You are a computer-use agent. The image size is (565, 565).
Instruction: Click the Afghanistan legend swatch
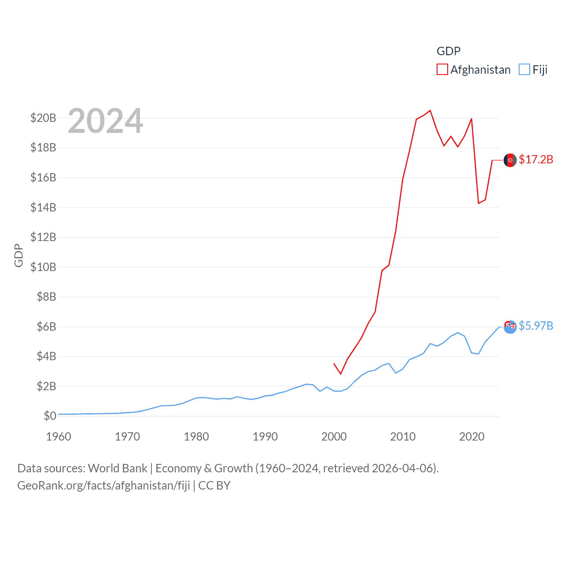[442, 70]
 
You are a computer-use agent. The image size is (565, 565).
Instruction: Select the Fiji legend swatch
[524, 70]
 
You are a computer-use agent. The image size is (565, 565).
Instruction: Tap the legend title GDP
[448, 51]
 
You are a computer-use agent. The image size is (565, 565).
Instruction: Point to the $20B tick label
[43, 118]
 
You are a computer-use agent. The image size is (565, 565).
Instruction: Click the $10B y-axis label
[43, 267]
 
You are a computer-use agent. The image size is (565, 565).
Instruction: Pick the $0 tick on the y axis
[50, 416]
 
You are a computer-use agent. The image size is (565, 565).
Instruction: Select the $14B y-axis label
[43, 207]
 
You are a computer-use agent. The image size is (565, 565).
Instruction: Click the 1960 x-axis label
[59, 437]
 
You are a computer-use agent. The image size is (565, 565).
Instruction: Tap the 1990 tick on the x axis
[265, 437]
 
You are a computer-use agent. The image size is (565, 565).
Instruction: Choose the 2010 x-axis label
[403, 437]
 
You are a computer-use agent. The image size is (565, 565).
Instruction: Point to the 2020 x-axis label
[472, 437]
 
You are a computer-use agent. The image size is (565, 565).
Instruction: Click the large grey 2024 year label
[105, 121]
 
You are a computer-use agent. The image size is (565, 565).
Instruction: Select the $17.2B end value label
[536, 160]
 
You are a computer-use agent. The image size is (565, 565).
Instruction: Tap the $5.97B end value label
[536, 326]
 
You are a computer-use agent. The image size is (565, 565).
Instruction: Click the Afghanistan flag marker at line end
[510, 160]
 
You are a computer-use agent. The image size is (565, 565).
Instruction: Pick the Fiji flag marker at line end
[510, 327]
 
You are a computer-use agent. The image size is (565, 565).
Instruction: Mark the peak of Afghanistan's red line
[430, 110]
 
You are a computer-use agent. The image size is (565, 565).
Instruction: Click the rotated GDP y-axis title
[19, 255]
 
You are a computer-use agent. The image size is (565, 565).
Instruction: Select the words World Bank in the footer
[118, 468]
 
